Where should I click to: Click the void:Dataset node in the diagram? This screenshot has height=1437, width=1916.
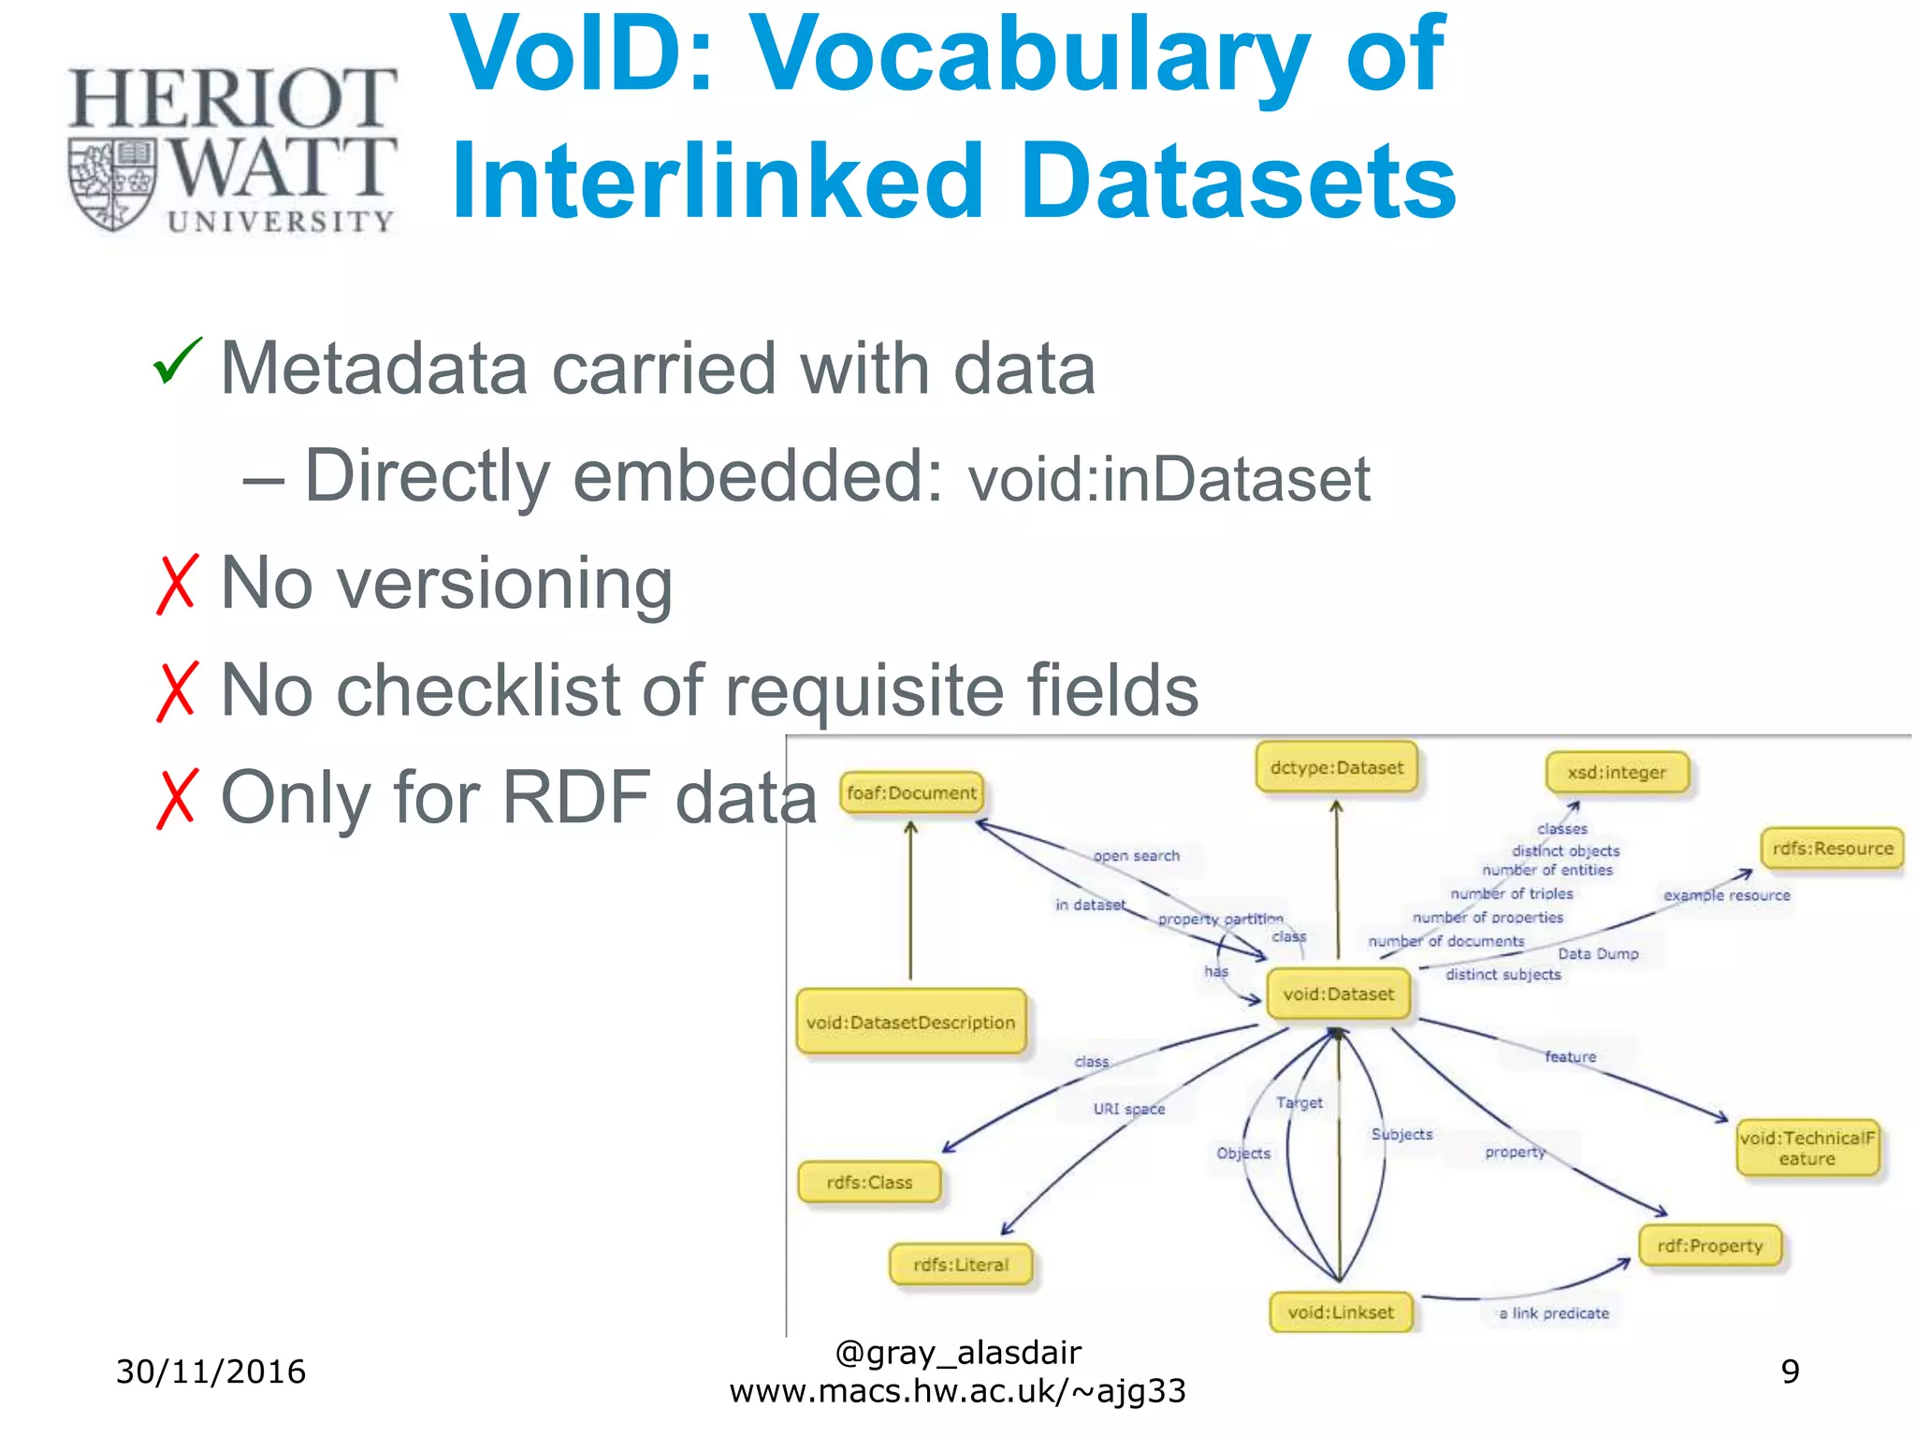tap(1338, 994)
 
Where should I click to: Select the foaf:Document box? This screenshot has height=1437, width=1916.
tap(911, 793)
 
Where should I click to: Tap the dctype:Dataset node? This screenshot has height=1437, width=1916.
tap(1336, 768)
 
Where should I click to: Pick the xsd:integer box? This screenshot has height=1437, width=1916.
tap(1617, 773)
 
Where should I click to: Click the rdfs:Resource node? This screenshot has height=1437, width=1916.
tap(1832, 849)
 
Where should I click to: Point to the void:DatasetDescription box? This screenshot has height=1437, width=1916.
tap(910, 1023)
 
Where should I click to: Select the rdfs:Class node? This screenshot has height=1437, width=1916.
tap(869, 1183)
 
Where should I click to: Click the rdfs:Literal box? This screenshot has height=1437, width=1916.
tap(961, 1265)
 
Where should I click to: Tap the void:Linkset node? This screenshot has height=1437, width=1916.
tap(1340, 1313)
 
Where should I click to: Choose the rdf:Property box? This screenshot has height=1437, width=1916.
tap(1709, 1246)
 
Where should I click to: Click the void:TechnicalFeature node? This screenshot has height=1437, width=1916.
tap(1807, 1148)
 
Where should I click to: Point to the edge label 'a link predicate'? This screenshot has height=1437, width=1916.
tap(1553, 1314)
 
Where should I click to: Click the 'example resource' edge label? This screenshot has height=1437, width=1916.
tap(1726, 895)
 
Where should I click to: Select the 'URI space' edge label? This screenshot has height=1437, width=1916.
tap(1128, 1109)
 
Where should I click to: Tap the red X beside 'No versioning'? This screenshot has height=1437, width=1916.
tap(177, 584)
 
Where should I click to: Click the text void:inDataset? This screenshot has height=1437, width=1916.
tap(1168, 480)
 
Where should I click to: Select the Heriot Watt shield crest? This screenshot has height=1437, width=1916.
tap(113, 184)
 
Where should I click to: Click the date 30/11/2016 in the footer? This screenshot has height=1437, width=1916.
tap(210, 1372)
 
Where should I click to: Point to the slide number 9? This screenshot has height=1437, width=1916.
tap(1789, 1372)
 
